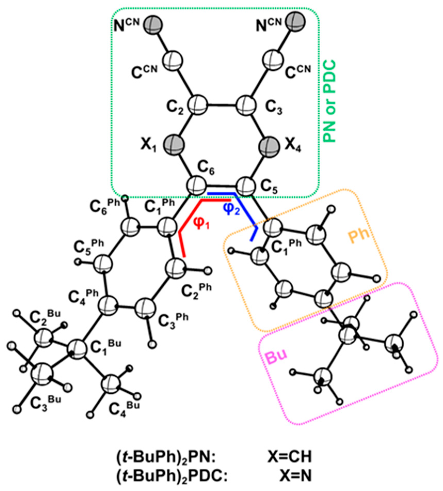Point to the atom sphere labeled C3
(246, 105)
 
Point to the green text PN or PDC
(330, 101)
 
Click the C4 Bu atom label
(124, 409)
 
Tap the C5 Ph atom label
(89, 247)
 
